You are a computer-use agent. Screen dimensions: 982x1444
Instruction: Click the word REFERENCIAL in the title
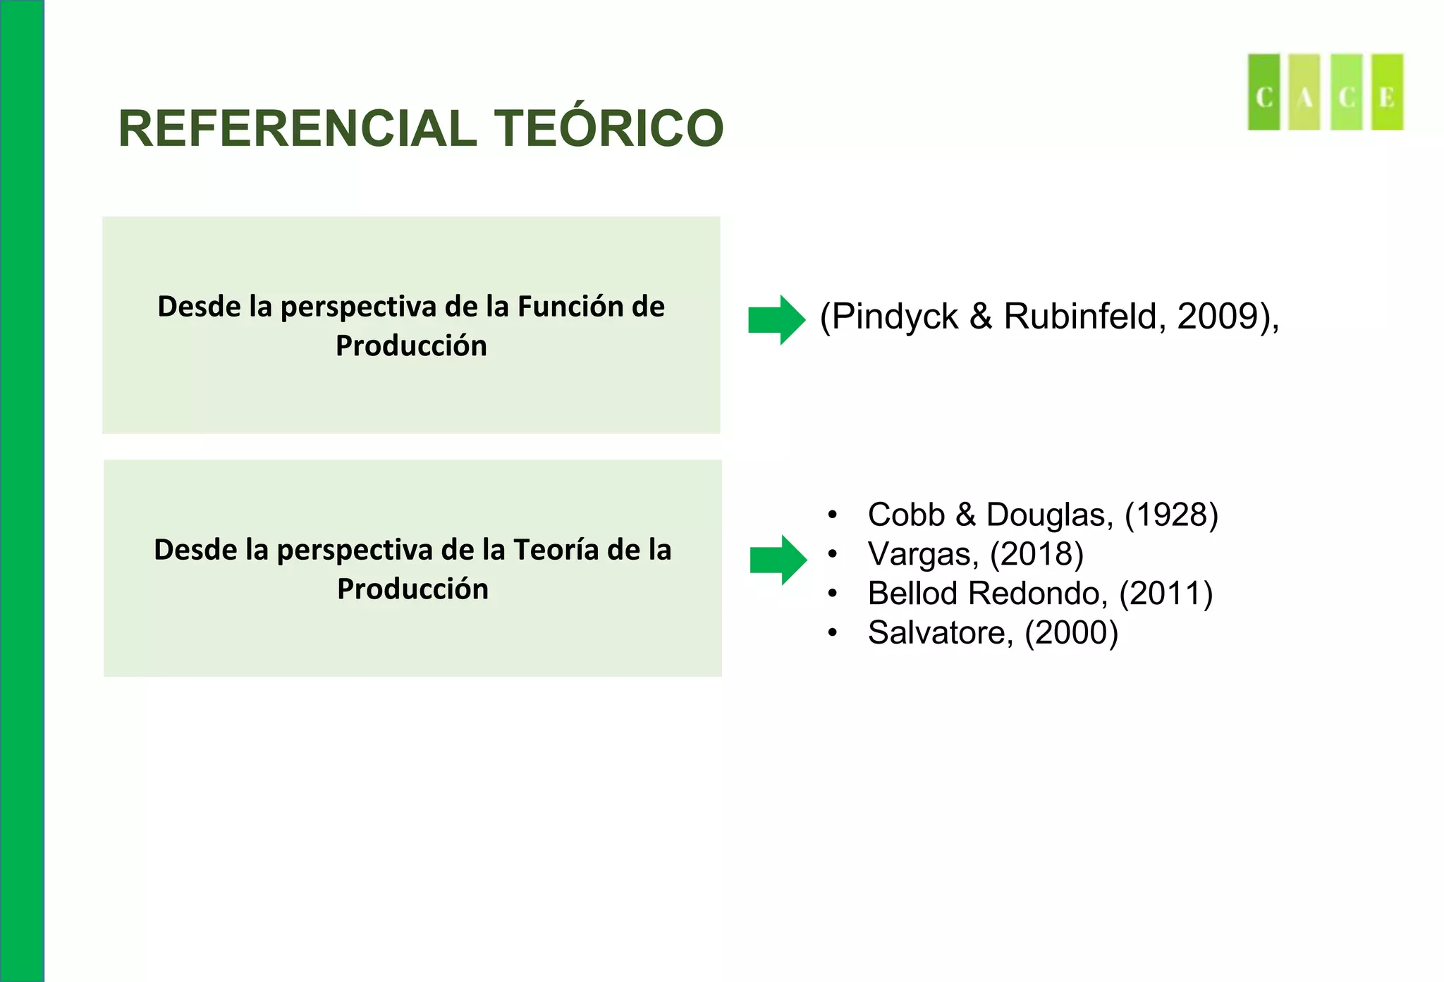tap(298, 129)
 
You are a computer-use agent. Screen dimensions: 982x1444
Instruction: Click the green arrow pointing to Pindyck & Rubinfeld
tap(776, 319)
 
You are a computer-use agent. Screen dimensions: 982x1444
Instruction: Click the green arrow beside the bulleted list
tap(778, 560)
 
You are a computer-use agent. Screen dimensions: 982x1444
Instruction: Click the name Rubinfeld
tap(1079, 317)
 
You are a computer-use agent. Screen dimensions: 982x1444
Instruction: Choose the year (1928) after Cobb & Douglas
tap(1171, 515)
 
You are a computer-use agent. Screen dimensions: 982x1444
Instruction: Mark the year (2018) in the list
tap(1036, 554)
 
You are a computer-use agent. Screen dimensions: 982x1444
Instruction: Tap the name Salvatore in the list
tap(940, 633)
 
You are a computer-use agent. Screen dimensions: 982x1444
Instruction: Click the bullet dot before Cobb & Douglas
tap(833, 515)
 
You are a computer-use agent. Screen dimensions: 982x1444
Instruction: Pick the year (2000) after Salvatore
tap(1071, 633)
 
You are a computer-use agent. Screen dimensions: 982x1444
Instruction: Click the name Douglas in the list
tap(1049, 515)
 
